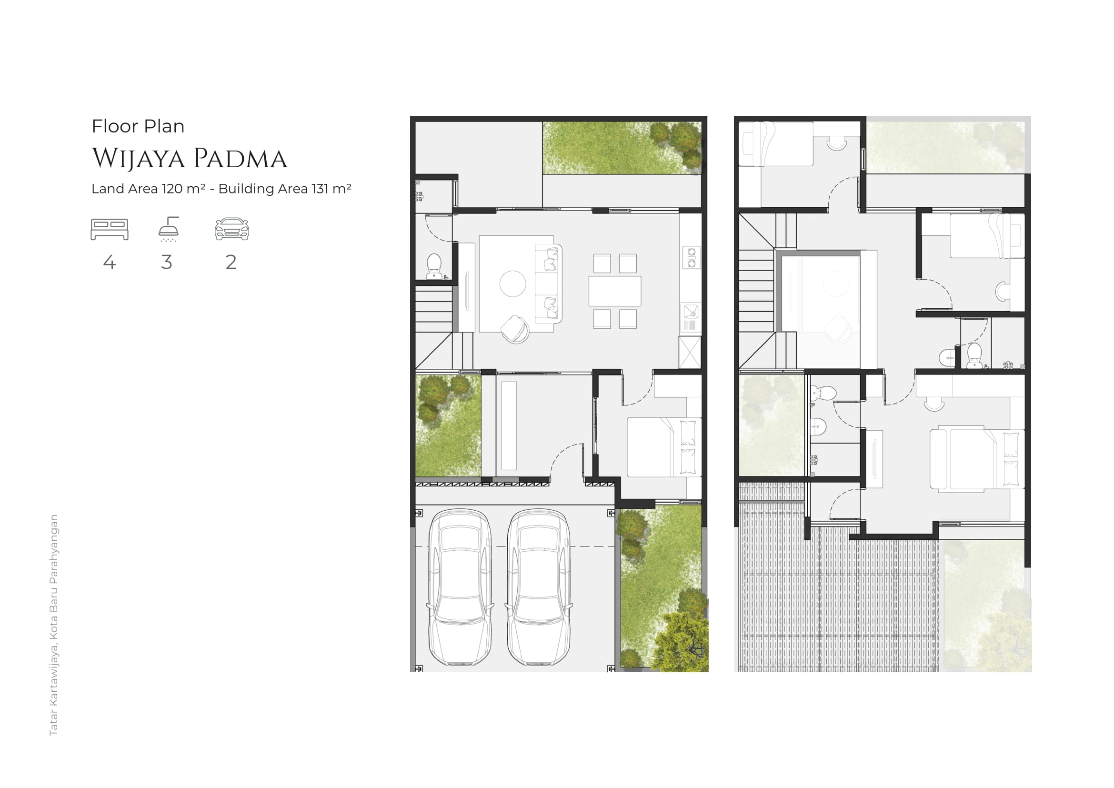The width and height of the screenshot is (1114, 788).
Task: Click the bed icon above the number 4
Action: pos(110,230)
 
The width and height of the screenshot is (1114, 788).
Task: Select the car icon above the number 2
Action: pos(232,229)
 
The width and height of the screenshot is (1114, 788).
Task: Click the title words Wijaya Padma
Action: pos(190,159)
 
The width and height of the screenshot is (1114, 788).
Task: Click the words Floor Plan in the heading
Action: pos(138,126)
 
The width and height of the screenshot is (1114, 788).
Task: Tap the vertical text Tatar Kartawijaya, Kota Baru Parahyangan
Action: pos(54,625)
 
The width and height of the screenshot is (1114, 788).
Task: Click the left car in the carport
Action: pos(460,586)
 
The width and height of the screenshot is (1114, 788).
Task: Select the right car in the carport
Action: pos(539,586)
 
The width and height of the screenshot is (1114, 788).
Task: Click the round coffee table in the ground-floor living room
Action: pos(513,283)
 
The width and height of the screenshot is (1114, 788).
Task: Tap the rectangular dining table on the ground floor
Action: pos(615,291)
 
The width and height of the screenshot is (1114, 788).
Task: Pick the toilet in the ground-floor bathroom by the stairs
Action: pos(434,266)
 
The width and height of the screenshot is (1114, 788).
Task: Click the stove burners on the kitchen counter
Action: pos(692,258)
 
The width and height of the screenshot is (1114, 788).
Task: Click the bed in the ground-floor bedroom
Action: pos(664,447)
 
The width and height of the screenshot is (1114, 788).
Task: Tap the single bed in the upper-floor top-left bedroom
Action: pos(775,144)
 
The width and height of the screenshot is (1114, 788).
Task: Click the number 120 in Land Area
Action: pos(172,188)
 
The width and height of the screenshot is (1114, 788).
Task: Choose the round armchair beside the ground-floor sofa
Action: pos(515,330)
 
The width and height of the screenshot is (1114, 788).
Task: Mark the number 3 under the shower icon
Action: pos(167,263)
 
